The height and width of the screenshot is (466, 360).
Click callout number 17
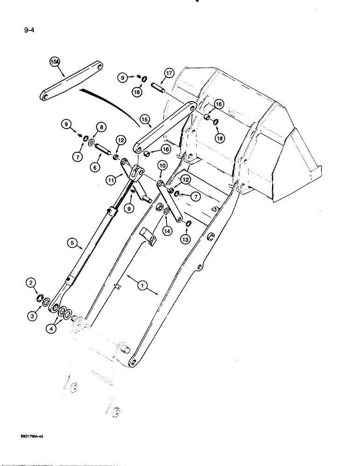pos(169,73)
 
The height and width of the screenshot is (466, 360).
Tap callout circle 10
pos(163,165)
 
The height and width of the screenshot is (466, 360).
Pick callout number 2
pos(31,282)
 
